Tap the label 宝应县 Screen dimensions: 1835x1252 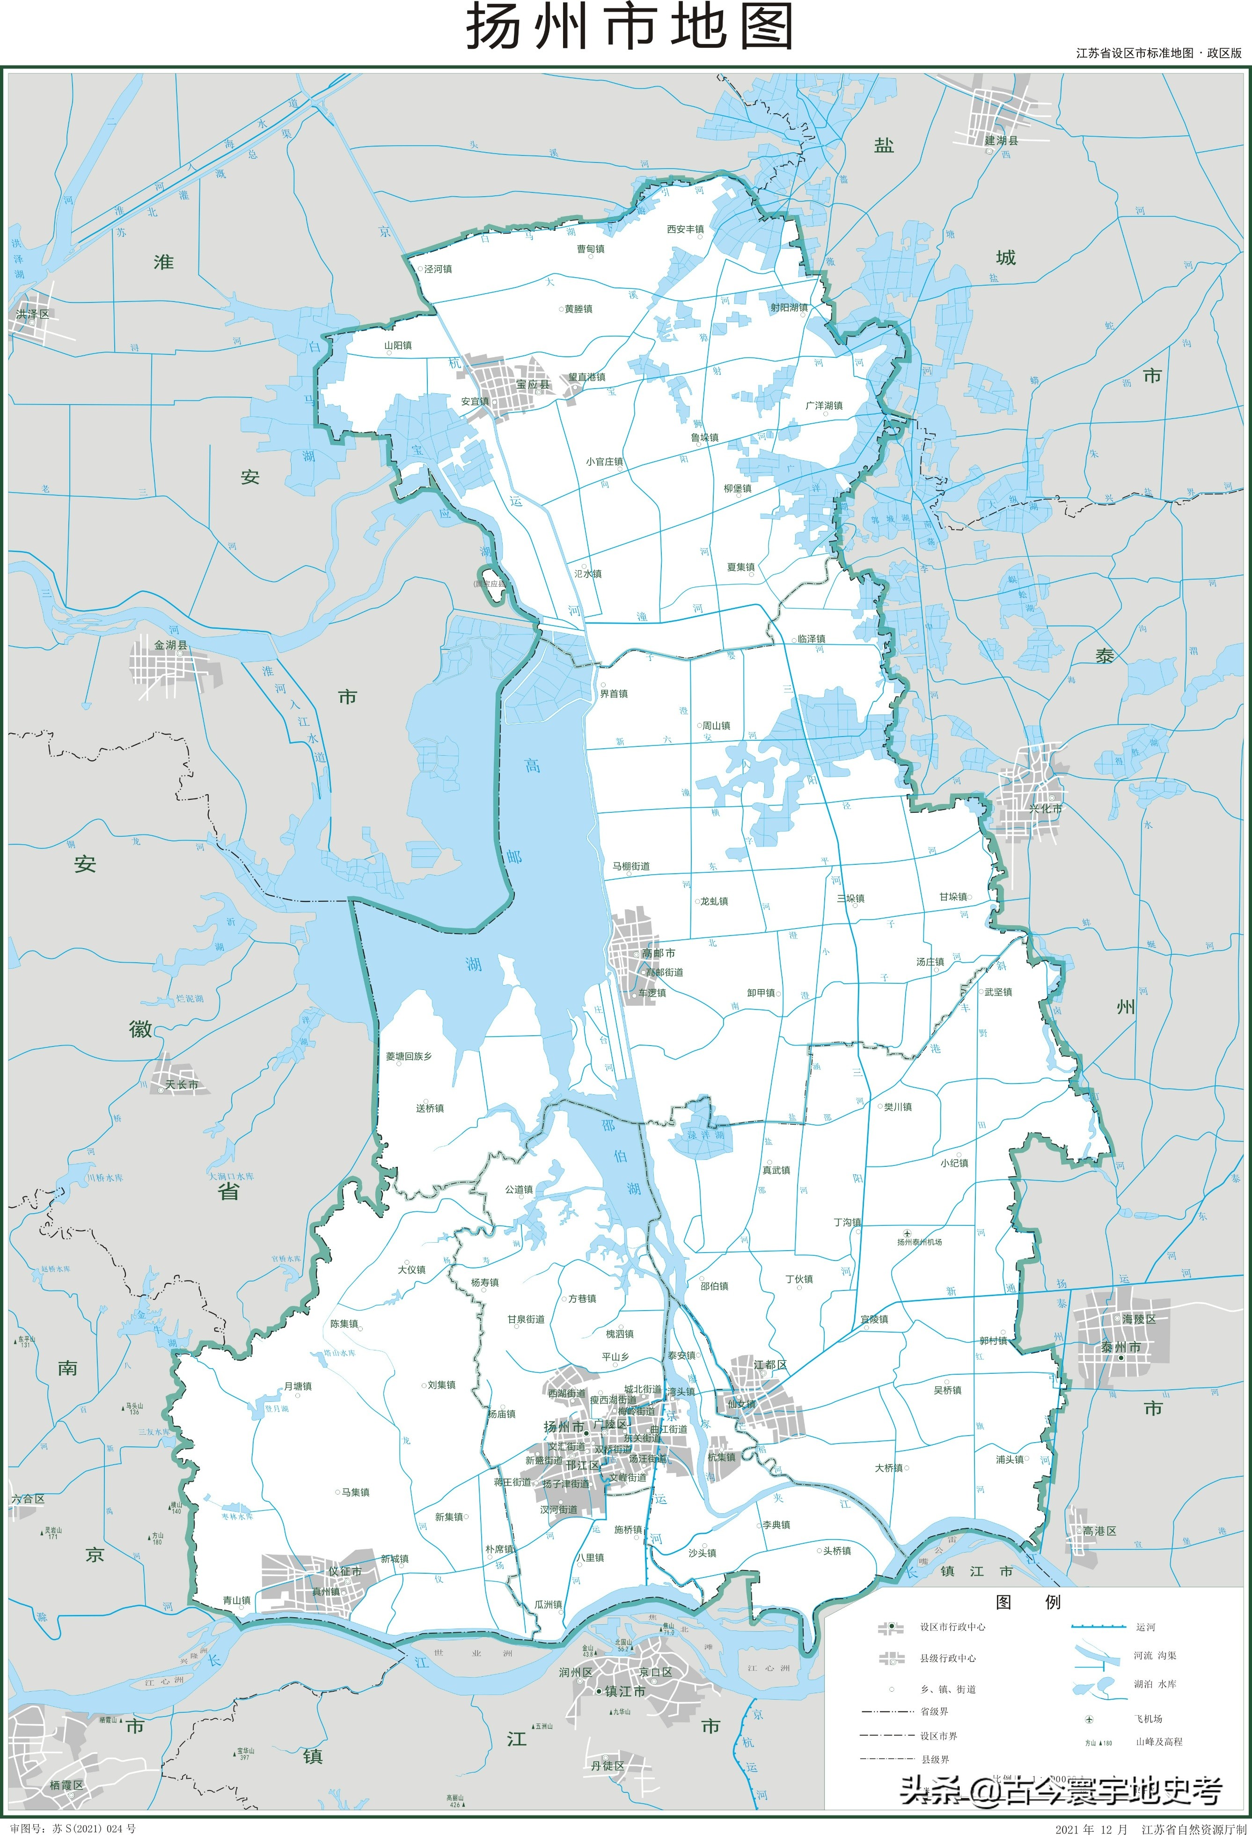coord(533,384)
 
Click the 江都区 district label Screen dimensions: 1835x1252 coord(769,1364)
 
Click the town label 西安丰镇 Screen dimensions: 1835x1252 coord(685,229)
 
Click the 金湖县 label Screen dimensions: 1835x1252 coord(170,645)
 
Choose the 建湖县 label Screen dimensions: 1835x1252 coord(1001,140)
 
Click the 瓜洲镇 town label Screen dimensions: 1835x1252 coord(548,1605)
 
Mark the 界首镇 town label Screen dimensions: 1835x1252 coord(614,694)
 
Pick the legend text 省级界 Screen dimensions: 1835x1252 coord(934,1711)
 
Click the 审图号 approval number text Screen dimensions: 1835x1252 coord(73,1828)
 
